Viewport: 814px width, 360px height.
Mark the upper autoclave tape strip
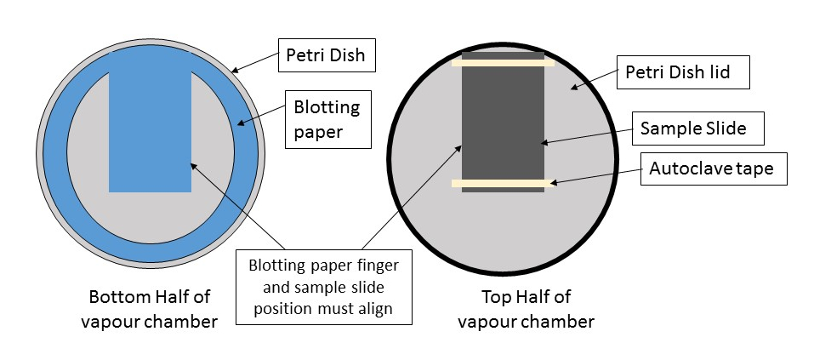coord(503,62)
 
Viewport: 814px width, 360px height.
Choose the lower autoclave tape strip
coord(503,183)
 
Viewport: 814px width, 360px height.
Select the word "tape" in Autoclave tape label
coord(754,168)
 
